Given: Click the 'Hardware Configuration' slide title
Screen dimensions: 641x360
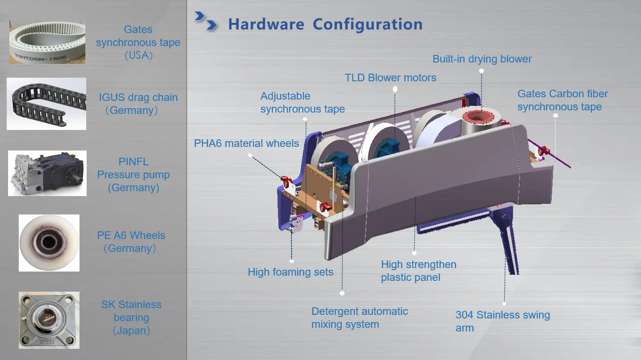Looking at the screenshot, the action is (325, 24).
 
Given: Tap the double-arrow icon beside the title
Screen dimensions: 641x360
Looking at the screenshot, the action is (206, 21).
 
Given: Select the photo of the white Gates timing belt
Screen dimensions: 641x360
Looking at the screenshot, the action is (47, 42).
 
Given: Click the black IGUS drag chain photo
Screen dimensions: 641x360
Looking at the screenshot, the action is (46, 104).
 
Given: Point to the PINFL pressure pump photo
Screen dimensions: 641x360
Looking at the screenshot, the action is (47, 173).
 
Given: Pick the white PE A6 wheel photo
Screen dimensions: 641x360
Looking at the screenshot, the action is (49, 243).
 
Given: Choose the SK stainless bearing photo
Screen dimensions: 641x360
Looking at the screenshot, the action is (49, 320).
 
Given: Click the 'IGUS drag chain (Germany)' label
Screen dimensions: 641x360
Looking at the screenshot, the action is (138, 104).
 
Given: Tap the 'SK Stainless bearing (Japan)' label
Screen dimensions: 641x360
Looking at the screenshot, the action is (131, 318).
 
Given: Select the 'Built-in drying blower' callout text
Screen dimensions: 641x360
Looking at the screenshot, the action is (482, 59).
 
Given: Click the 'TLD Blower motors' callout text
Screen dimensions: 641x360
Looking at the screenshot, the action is (390, 78).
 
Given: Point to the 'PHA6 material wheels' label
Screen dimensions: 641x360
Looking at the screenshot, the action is (247, 143).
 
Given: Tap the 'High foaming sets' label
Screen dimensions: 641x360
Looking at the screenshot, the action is (290, 272).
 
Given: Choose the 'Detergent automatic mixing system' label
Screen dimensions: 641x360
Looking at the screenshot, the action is (360, 318).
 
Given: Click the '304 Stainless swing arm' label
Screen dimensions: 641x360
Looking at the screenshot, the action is (503, 321).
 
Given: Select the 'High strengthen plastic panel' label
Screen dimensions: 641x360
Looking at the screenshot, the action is (419, 271).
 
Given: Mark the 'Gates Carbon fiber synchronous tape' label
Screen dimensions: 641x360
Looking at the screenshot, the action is (562, 100).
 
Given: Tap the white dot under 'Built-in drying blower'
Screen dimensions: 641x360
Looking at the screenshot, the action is (482, 71).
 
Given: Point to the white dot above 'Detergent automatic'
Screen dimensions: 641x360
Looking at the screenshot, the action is (342, 293).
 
